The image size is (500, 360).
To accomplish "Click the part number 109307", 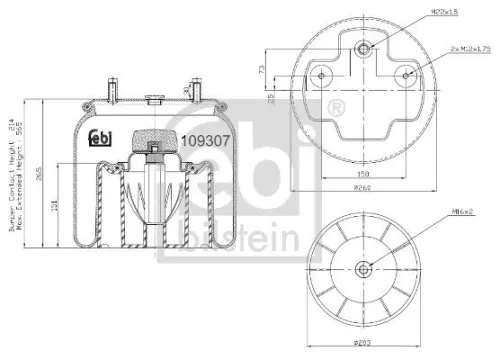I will pyautogui.click(x=205, y=141).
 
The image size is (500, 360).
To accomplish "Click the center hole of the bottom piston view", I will pyautogui.click(x=362, y=267).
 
